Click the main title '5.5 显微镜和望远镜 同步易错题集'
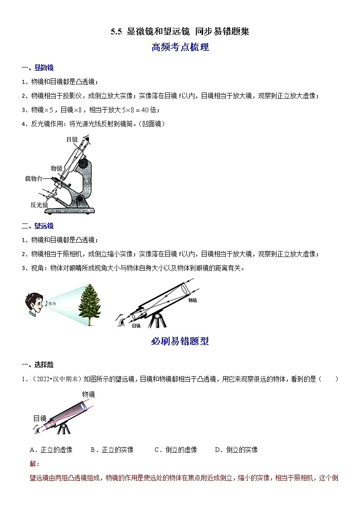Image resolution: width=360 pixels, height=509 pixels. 180,31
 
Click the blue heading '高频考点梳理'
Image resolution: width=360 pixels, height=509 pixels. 180,47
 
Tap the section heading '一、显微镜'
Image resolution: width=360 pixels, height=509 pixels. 38,68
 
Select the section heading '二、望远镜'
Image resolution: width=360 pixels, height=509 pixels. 38,226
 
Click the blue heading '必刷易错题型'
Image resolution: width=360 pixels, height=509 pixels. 180,342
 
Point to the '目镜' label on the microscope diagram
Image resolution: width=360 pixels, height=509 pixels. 72,140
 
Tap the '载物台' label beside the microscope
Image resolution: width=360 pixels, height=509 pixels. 34,179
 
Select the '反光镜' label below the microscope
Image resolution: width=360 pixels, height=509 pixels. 39,204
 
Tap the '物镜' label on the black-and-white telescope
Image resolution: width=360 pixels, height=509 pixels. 192,300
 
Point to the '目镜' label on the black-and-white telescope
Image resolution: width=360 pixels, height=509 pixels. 136,325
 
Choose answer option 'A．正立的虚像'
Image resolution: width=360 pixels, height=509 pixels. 51,450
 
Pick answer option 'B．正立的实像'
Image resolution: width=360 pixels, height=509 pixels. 112,450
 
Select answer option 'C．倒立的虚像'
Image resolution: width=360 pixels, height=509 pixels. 175,450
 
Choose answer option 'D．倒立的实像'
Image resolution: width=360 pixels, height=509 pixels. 236,450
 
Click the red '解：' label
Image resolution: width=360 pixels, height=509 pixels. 34,464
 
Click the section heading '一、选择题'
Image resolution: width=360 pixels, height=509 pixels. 38,364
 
